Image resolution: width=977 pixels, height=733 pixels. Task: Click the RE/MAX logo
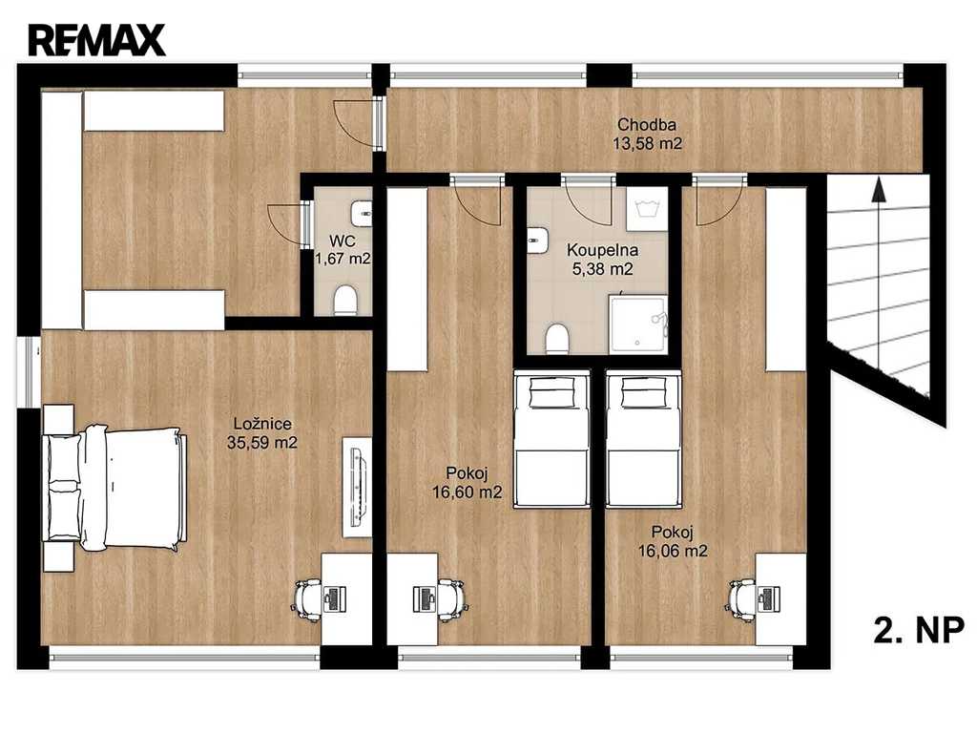tap(96, 40)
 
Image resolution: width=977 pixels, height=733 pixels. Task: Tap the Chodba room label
tap(647, 125)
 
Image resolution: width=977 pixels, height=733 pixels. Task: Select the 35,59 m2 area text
tap(261, 443)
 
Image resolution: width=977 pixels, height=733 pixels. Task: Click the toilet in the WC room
tap(344, 300)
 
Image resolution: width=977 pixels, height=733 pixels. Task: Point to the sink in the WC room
tap(361, 214)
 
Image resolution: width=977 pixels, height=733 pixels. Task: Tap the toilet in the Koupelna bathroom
tap(556, 339)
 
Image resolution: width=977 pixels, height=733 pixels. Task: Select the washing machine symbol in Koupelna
tap(647, 208)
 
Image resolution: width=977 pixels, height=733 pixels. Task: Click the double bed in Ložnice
tap(115, 488)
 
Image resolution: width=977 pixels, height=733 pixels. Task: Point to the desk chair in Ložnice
tap(307, 597)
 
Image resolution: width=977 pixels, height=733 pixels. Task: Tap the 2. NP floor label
tap(919, 630)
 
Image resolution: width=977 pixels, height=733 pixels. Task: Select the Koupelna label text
tap(602, 251)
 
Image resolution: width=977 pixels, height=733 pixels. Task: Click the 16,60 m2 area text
tap(467, 492)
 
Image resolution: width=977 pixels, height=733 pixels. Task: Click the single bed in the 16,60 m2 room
tap(551, 439)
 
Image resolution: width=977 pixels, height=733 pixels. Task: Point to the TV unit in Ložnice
tap(357, 487)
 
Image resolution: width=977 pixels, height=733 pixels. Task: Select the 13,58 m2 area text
tap(648, 144)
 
